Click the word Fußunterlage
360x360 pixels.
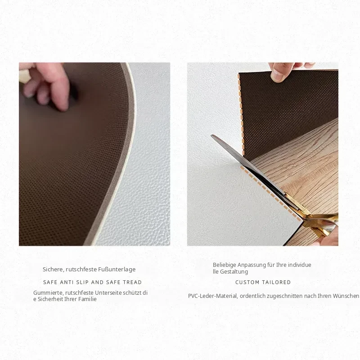117,269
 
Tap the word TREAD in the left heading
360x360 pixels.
132,282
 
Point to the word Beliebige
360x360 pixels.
225,265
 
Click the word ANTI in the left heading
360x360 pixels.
67,282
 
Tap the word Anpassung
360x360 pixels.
252,265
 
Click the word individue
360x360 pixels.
300,265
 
